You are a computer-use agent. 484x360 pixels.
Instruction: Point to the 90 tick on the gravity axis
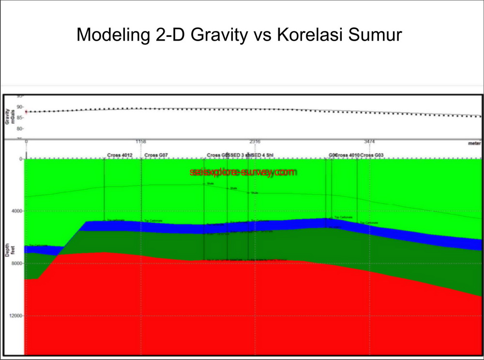20,106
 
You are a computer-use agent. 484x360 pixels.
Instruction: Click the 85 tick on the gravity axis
20,118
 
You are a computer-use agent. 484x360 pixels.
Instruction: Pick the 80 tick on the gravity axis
20,129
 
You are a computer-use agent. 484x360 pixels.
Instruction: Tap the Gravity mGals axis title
8,116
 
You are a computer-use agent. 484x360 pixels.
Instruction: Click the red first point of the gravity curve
26,112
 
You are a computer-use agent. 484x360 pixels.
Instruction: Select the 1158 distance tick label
141,141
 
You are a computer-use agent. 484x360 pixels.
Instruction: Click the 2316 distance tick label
255,141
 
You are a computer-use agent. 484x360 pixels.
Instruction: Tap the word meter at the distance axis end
474,144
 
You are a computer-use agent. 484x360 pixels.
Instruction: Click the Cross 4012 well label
120,155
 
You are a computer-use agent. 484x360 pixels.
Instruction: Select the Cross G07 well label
156,155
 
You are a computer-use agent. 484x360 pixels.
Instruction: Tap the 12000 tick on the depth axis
15,315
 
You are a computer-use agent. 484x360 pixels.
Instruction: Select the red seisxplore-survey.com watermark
242,172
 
